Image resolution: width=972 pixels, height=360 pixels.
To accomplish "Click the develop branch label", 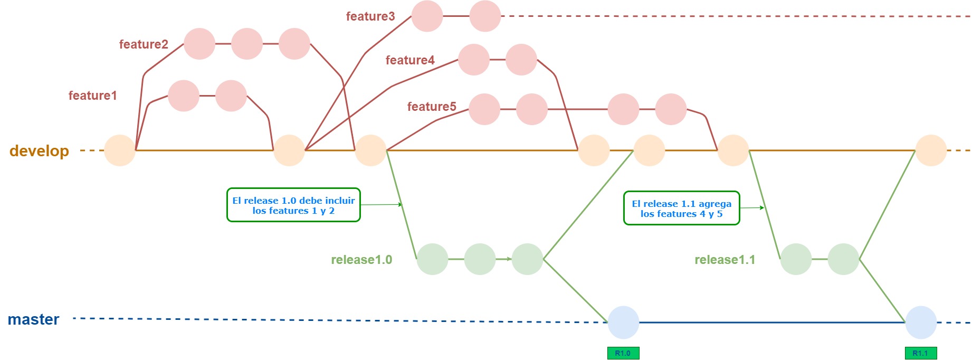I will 39,151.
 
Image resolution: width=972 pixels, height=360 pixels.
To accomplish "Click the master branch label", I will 33,319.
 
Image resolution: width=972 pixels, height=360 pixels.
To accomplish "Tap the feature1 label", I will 92,96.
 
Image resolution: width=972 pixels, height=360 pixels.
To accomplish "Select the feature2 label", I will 144,44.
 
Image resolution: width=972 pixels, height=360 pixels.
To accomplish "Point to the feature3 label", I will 370,16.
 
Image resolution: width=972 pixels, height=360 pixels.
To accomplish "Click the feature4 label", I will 410,60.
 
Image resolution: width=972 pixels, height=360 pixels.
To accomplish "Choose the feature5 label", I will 431,107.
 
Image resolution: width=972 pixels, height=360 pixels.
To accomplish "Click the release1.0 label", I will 361,260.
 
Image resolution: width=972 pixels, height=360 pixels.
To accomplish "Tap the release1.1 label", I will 725,260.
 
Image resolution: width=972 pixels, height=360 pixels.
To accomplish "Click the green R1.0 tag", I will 623,353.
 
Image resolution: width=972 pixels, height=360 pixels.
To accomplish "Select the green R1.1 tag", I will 920,353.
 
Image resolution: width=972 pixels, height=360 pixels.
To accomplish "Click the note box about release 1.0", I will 293,205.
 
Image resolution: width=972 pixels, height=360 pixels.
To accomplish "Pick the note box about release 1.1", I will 681,209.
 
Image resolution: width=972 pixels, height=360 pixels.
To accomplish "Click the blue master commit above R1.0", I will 623,323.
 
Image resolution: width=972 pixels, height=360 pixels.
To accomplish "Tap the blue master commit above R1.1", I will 921,323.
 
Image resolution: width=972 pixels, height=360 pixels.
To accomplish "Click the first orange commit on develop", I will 120,150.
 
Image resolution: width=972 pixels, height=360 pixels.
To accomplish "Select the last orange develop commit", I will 931,150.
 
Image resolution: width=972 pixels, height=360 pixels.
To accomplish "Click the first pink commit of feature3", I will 427,16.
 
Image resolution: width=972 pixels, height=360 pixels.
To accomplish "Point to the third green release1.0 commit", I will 527,259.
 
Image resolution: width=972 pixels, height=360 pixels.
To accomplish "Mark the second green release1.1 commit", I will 843,259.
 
